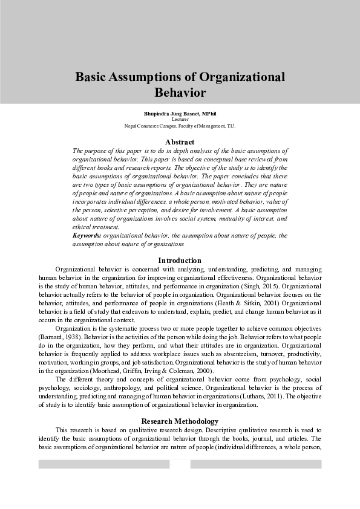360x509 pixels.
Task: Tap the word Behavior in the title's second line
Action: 180,93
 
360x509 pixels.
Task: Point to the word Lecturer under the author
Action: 180,120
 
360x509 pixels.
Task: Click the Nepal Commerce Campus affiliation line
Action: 180,126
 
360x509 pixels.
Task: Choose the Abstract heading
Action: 180,141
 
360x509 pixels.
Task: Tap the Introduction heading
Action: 180,261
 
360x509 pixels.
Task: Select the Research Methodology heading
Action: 180,421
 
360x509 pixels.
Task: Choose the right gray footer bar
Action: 255,464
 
